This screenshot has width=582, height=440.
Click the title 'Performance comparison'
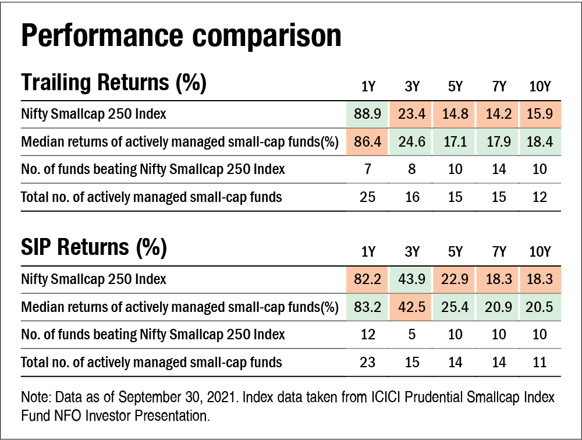tap(180, 36)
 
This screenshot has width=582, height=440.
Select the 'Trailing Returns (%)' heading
tap(113, 83)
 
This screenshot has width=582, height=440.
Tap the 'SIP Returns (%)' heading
tap(94, 248)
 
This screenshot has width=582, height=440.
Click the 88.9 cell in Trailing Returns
tap(368, 113)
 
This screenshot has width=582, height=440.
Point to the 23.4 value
tap(411, 113)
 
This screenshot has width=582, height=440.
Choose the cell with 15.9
tap(540, 113)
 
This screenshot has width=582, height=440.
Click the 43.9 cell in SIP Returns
tap(411, 279)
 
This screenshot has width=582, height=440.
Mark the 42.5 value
tap(411, 307)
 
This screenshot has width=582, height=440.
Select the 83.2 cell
tap(368, 307)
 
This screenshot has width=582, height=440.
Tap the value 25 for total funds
tap(368, 197)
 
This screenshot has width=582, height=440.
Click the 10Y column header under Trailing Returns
tap(540, 87)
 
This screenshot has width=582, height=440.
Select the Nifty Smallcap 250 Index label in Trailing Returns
tap(94, 113)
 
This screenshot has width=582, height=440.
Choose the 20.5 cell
tap(540, 307)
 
